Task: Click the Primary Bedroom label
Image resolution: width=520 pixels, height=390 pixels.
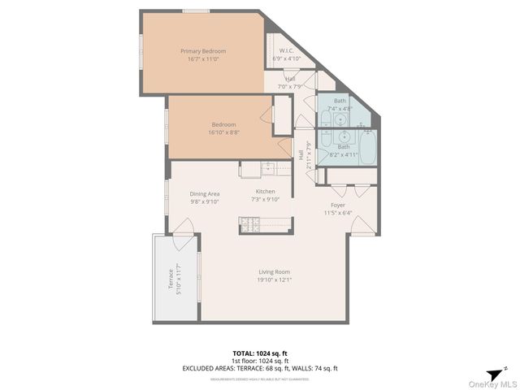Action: [203, 51]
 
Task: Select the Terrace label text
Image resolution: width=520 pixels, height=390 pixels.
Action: [170, 279]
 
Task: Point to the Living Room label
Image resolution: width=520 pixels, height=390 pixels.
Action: [275, 271]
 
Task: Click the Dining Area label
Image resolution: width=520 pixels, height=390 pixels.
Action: [205, 193]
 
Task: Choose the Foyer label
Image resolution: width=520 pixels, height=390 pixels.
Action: [338, 205]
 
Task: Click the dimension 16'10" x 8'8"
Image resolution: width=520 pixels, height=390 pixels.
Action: [224, 132]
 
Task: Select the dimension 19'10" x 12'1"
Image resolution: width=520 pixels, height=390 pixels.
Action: [275, 279]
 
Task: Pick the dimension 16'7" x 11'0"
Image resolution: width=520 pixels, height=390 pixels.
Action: [203, 58]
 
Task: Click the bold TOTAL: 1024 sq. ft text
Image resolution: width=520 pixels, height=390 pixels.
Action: [260, 354]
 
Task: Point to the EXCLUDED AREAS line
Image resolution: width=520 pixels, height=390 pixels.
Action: [260, 368]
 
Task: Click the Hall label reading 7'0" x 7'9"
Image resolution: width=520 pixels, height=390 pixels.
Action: [290, 85]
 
